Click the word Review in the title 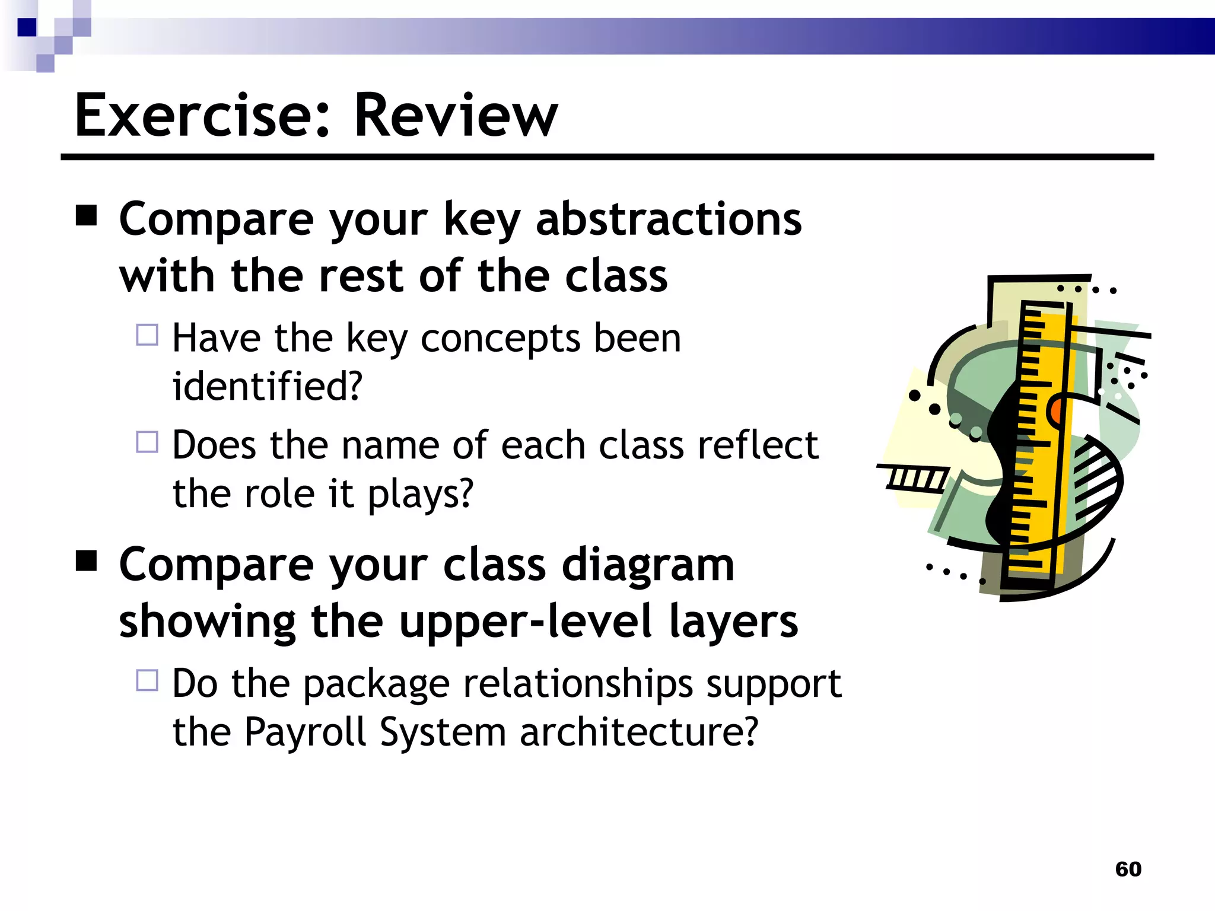click(x=456, y=116)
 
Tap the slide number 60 click(x=1128, y=869)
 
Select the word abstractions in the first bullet click(x=669, y=219)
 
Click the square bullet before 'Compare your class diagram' click(x=87, y=560)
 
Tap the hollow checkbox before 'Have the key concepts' click(x=147, y=335)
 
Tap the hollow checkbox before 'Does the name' click(x=147, y=442)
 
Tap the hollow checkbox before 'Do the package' click(x=147, y=680)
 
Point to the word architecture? click(x=639, y=732)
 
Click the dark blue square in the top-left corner click(x=27, y=27)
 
